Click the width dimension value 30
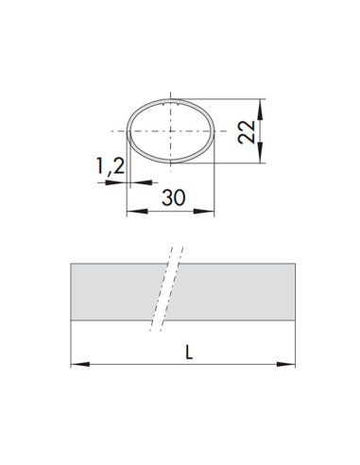172,198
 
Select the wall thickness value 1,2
110,167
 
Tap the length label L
189,353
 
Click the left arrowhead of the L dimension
76,363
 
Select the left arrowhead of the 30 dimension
130,214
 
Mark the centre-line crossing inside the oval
171,129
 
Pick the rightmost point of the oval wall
216,129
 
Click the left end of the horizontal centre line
111,129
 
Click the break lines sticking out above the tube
174,253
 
